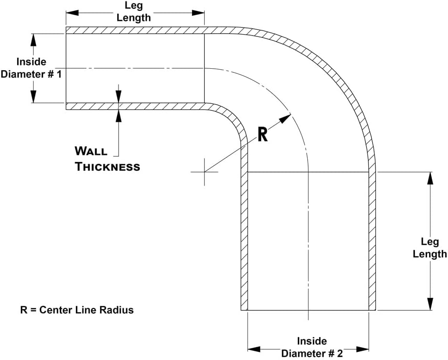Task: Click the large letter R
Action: (263, 134)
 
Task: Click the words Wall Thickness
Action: (108, 159)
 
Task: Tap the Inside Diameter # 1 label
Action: (31, 68)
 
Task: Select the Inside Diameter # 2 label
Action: (311, 347)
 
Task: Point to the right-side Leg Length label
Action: (430, 248)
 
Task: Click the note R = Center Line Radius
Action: (77, 310)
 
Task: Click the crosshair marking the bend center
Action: (204, 172)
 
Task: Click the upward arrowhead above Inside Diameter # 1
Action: (33, 40)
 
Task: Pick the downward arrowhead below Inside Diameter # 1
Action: (33, 97)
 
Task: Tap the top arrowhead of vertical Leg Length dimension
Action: (430, 178)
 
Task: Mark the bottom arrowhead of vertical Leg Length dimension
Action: (430, 304)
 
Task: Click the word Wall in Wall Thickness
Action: (91, 151)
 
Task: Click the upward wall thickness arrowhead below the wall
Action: (118, 116)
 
